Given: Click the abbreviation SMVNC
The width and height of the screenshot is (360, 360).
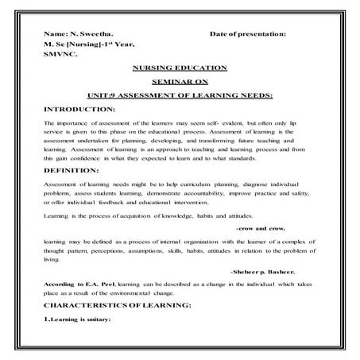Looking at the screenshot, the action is click(x=60, y=56).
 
